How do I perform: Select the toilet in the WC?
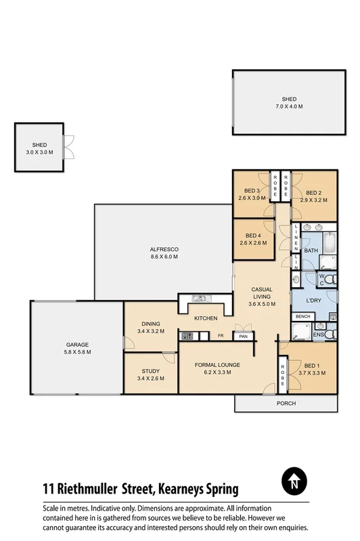coord(328,278)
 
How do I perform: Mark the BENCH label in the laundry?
coord(302,316)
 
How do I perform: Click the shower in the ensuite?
coord(300,331)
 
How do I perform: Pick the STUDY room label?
coord(150,370)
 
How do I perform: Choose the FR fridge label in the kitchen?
coord(221,335)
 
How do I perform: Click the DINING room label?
coord(150,324)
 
